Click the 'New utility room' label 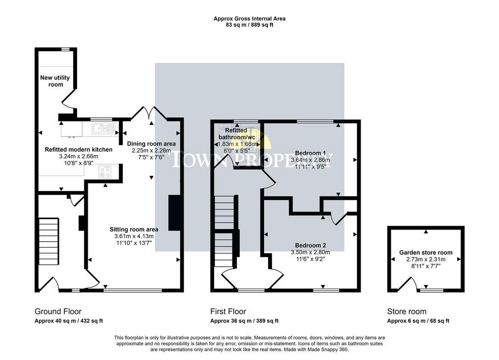point(55,81)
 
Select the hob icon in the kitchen point(105,172)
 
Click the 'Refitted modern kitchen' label point(78,150)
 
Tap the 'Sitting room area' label point(134,229)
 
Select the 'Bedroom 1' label point(310,153)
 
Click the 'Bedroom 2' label point(310,245)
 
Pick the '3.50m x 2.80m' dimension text point(310,252)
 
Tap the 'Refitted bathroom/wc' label point(237,133)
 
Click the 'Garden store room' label point(426,252)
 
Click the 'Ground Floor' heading point(58,311)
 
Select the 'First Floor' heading point(228,311)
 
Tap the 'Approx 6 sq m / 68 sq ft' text point(418,321)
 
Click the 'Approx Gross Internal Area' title point(249,19)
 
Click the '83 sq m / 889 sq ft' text point(249,25)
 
